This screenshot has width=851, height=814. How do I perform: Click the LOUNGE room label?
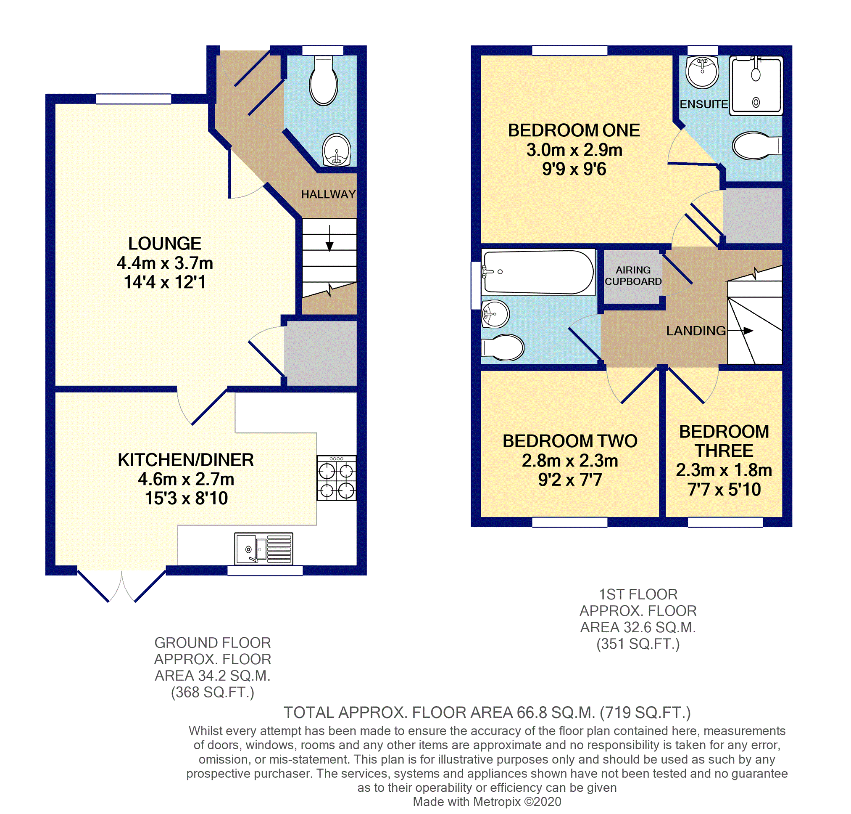click(165, 244)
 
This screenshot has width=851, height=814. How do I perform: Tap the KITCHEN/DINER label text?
click(186, 460)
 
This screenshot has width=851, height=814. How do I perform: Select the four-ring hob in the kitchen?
click(337, 478)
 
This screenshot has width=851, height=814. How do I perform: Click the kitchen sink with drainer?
click(263, 549)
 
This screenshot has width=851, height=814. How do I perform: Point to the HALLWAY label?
click(328, 194)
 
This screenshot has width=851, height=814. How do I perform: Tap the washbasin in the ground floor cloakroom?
click(337, 150)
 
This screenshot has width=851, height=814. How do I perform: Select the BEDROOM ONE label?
click(574, 130)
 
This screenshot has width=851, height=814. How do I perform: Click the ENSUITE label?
click(703, 104)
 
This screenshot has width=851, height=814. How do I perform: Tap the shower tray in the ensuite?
click(756, 85)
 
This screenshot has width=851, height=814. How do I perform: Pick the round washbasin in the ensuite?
click(702, 72)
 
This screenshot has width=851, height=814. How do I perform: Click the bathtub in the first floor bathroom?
click(538, 272)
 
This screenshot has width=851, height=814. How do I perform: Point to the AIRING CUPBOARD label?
click(633, 276)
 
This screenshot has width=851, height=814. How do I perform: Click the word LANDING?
click(696, 331)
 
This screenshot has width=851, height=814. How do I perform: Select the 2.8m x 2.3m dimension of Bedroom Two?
click(570, 460)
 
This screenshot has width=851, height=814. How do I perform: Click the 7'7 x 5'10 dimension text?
click(724, 489)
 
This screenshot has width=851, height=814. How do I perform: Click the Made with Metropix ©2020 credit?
click(486, 802)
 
